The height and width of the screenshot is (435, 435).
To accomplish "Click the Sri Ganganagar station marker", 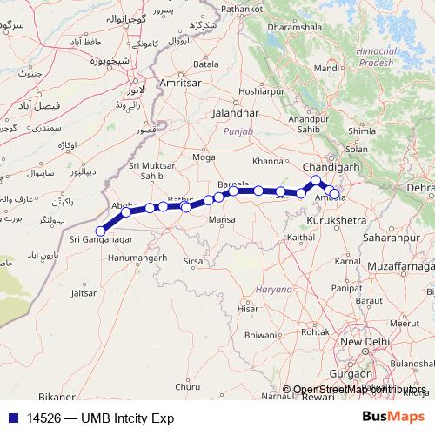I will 101,231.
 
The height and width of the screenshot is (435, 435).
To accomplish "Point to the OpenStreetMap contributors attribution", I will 359,390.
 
